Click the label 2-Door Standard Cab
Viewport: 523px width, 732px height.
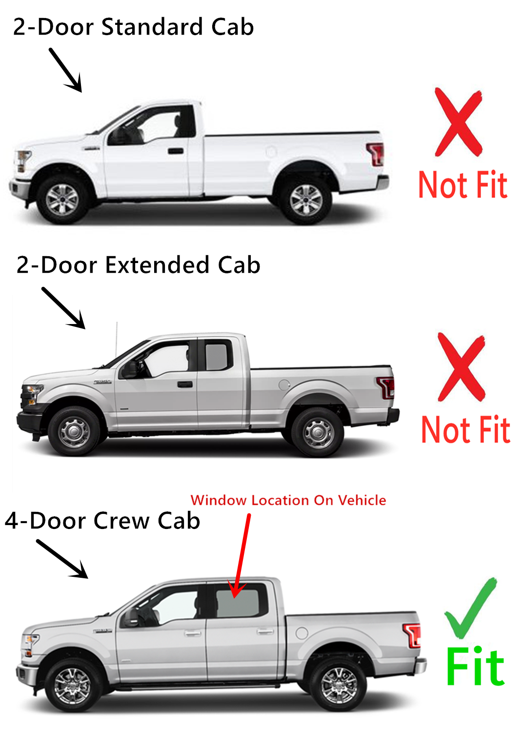pyautogui.click(x=133, y=27)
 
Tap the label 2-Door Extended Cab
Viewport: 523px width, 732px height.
pyautogui.click(x=138, y=265)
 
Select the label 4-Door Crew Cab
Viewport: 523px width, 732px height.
pyautogui.click(x=102, y=521)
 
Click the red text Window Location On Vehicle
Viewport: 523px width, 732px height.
pyautogui.click(x=288, y=500)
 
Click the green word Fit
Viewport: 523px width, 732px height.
pyautogui.click(x=475, y=667)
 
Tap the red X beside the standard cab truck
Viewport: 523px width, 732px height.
pyautogui.click(x=458, y=122)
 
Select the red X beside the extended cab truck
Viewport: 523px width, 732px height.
pyautogui.click(x=461, y=367)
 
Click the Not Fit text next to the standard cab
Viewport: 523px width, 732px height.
pyautogui.click(x=463, y=185)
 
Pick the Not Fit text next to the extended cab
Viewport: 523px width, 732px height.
pyautogui.click(x=465, y=430)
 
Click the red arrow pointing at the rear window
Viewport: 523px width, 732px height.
pyautogui.click(x=242, y=556)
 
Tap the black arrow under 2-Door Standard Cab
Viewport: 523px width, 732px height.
pyautogui.click(x=66, y=70)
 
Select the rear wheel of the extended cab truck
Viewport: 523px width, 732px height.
pyautogui.click(x=318, y=432)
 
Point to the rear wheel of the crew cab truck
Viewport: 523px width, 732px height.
pyautogui.click(x=339, y=685)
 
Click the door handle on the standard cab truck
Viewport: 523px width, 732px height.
pyautogui.click(x=176, y=151)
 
